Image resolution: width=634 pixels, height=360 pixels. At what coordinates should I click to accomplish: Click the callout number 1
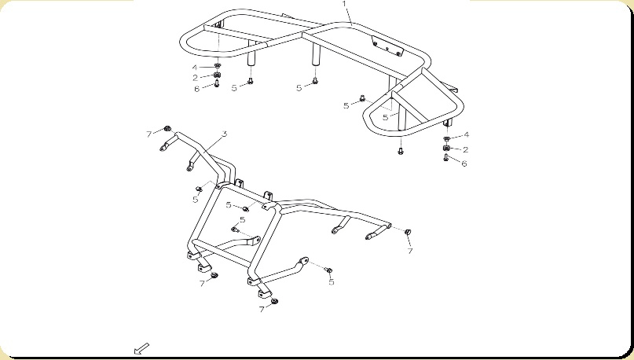(344, 4)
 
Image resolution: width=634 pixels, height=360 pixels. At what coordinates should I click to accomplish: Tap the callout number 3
(225, 134)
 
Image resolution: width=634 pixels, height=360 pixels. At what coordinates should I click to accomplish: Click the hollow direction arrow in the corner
(141, 349)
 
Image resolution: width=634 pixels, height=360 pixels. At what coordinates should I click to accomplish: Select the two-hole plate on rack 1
(387, 46)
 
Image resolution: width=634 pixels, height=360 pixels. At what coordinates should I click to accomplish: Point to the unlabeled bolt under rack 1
(401, 151)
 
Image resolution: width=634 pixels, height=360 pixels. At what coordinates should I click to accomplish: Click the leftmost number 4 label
(195, 68)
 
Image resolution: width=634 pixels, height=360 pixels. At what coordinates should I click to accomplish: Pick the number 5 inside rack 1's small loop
(385, 117)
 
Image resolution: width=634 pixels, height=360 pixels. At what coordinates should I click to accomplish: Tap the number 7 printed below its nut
(410, 251)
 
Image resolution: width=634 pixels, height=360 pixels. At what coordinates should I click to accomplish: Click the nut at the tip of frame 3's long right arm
(408, 232)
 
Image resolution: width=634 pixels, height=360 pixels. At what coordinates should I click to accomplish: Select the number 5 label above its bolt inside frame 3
(242, 219)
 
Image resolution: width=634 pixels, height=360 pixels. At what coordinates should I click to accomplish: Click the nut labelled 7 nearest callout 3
(167, 129)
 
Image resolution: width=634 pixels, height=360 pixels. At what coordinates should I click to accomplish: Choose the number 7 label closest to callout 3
(148, 134)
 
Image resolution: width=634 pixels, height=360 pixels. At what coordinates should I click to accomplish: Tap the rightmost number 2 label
(465, 149)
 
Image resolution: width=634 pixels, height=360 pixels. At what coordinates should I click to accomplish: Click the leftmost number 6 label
(196, 89)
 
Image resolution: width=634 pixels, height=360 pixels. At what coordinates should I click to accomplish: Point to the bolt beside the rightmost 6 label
(446, 158)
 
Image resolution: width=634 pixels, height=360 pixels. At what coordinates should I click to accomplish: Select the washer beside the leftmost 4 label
(217, 66)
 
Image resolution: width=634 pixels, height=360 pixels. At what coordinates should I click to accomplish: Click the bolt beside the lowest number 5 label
(329, 270)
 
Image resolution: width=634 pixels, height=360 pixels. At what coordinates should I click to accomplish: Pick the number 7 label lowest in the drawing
(262, 310)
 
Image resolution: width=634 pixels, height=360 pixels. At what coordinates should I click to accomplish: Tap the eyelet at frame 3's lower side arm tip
(303, 260)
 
